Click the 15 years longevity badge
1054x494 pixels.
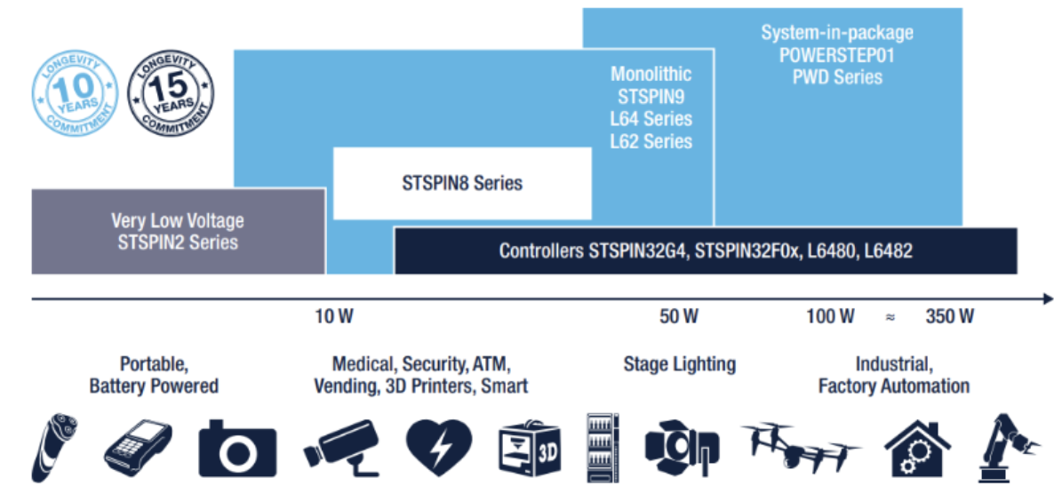click(170, 93)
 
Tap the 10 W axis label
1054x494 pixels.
click(333, 316)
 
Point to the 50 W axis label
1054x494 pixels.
click(679, 316)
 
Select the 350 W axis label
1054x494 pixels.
click(949, 316)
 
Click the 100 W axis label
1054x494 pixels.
click(830, 316)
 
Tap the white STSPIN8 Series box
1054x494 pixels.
click(461, 183)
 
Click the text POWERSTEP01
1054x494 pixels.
click(837, 55)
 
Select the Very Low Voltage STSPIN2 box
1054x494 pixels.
click(178, 231)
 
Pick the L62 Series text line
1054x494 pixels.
click(651, 140)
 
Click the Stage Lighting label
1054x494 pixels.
click(679, 363)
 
